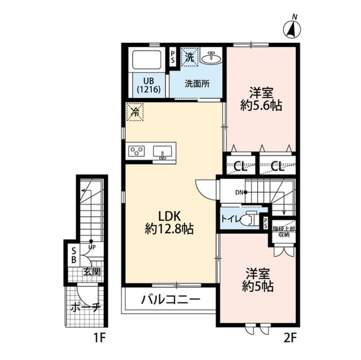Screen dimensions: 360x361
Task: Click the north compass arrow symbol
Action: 292,28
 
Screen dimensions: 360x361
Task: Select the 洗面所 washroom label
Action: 197,84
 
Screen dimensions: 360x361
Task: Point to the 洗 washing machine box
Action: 190,56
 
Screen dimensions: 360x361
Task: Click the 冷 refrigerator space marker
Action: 135,112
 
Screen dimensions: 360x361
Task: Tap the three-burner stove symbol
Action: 137,150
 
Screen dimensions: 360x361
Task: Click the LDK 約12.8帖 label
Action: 169,222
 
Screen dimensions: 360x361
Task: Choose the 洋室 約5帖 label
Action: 259,280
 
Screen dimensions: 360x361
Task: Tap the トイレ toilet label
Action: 230,219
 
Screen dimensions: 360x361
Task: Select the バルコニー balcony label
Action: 170,299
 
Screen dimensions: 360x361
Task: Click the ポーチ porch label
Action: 86,308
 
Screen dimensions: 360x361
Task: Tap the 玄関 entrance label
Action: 92,272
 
